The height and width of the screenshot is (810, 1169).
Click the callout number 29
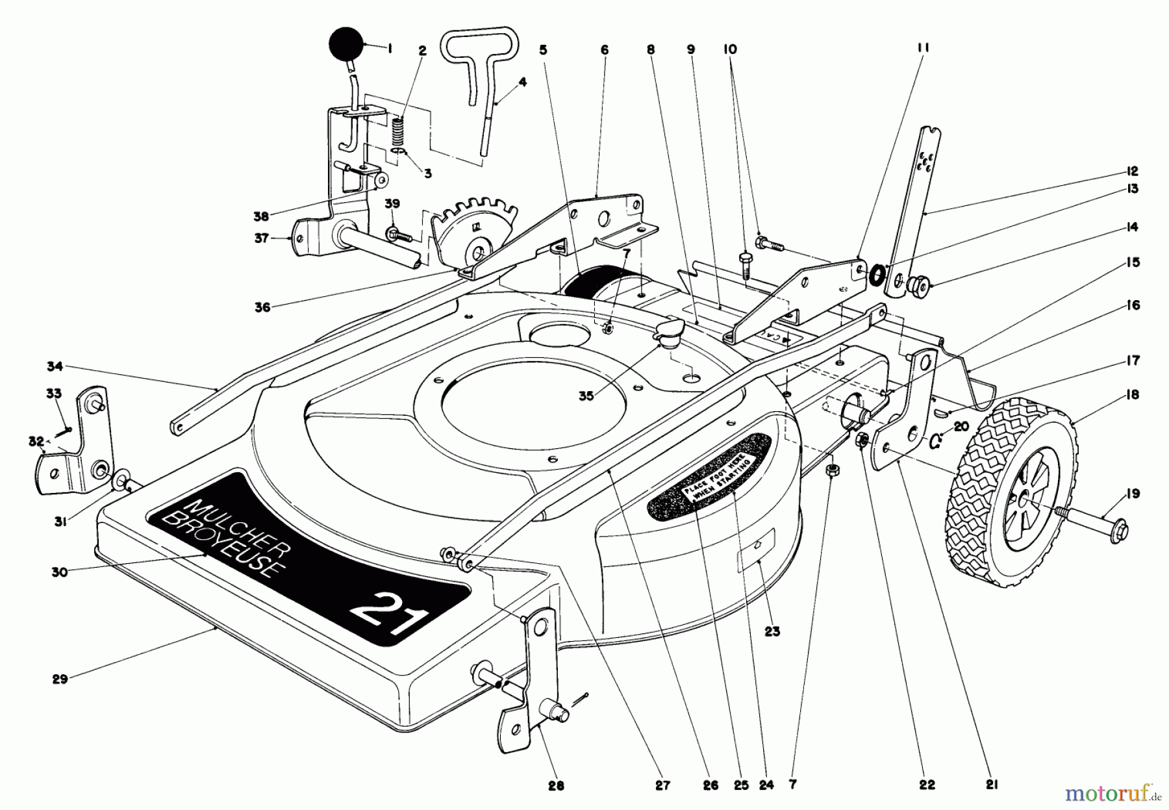(60, 681)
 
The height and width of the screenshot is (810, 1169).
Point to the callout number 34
(55, 367)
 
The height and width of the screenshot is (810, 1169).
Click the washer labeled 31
(121, 482)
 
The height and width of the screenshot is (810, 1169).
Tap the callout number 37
(261, 239)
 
